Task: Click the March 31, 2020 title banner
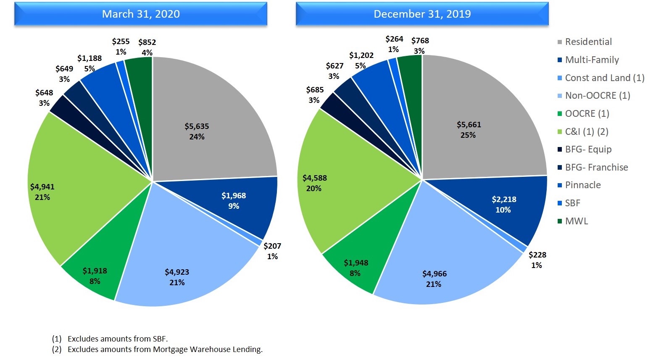(141, 14)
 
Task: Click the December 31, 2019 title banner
(422, 14)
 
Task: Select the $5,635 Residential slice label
(197, 126)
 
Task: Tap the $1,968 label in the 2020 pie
(234, 196)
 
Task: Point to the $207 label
(272, 246)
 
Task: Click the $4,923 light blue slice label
(177, 272)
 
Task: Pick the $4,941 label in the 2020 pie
(42, 187)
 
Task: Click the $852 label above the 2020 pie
(147, 42)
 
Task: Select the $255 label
(121, 42)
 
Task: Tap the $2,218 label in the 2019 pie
(504, 200)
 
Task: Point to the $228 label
(537, 255)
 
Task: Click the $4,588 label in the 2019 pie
(314, 178)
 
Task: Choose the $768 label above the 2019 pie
(420, 41)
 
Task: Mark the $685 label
(315, 90)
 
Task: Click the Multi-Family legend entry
(592, 60)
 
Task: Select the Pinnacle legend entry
(582, 185)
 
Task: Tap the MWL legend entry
(576, 221)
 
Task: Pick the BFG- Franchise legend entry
(596, 167)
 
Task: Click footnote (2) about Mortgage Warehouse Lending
(164, 349)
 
